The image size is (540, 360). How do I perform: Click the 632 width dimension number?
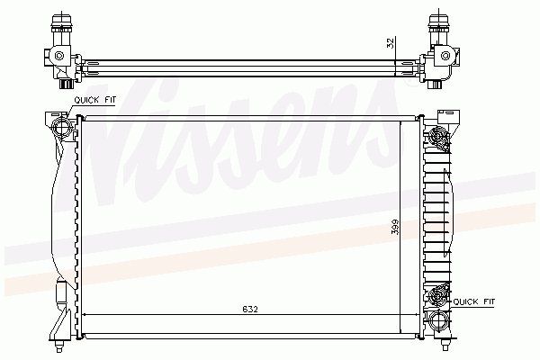pos(250,309)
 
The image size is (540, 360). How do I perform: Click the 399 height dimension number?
pos(395,227)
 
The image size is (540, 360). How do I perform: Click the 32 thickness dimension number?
pos(391,43)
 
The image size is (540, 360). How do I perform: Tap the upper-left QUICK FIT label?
pos(95,100)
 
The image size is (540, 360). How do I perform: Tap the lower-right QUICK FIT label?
pos(474,301)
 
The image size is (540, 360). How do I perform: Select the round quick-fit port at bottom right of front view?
pos(438,321)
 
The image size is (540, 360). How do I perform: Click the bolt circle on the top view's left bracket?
pos(59,56)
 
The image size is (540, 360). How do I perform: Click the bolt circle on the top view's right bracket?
pos(445,56)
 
